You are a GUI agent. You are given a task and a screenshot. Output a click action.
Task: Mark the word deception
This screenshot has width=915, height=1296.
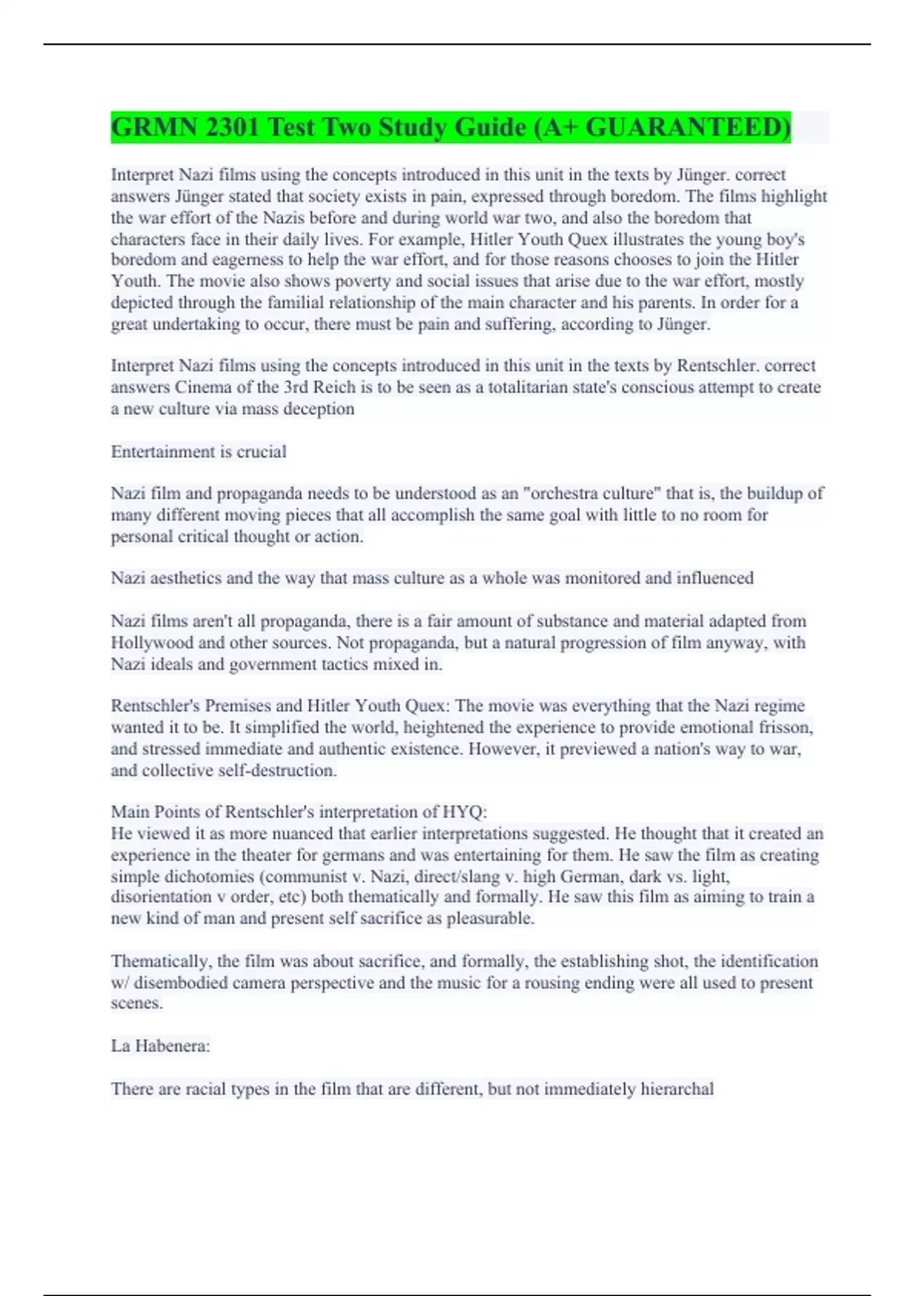[x=319, y=409]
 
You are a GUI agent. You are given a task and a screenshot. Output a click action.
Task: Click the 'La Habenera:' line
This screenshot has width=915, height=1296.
[x=160, y=1046]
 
